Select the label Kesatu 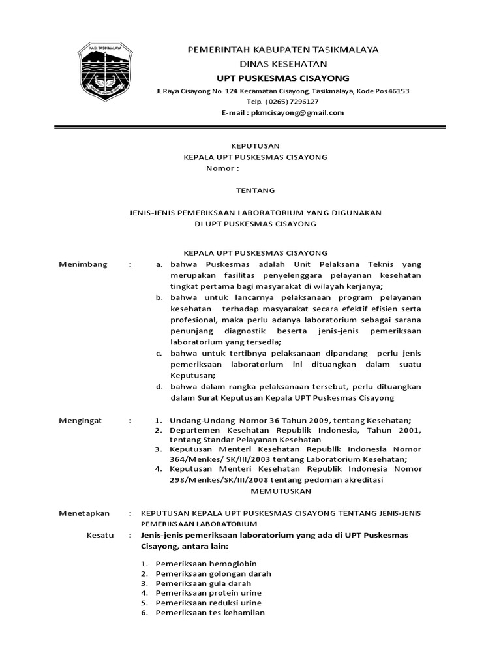point(100,535)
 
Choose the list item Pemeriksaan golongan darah point(213,573)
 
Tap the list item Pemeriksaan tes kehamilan point(210,613)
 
